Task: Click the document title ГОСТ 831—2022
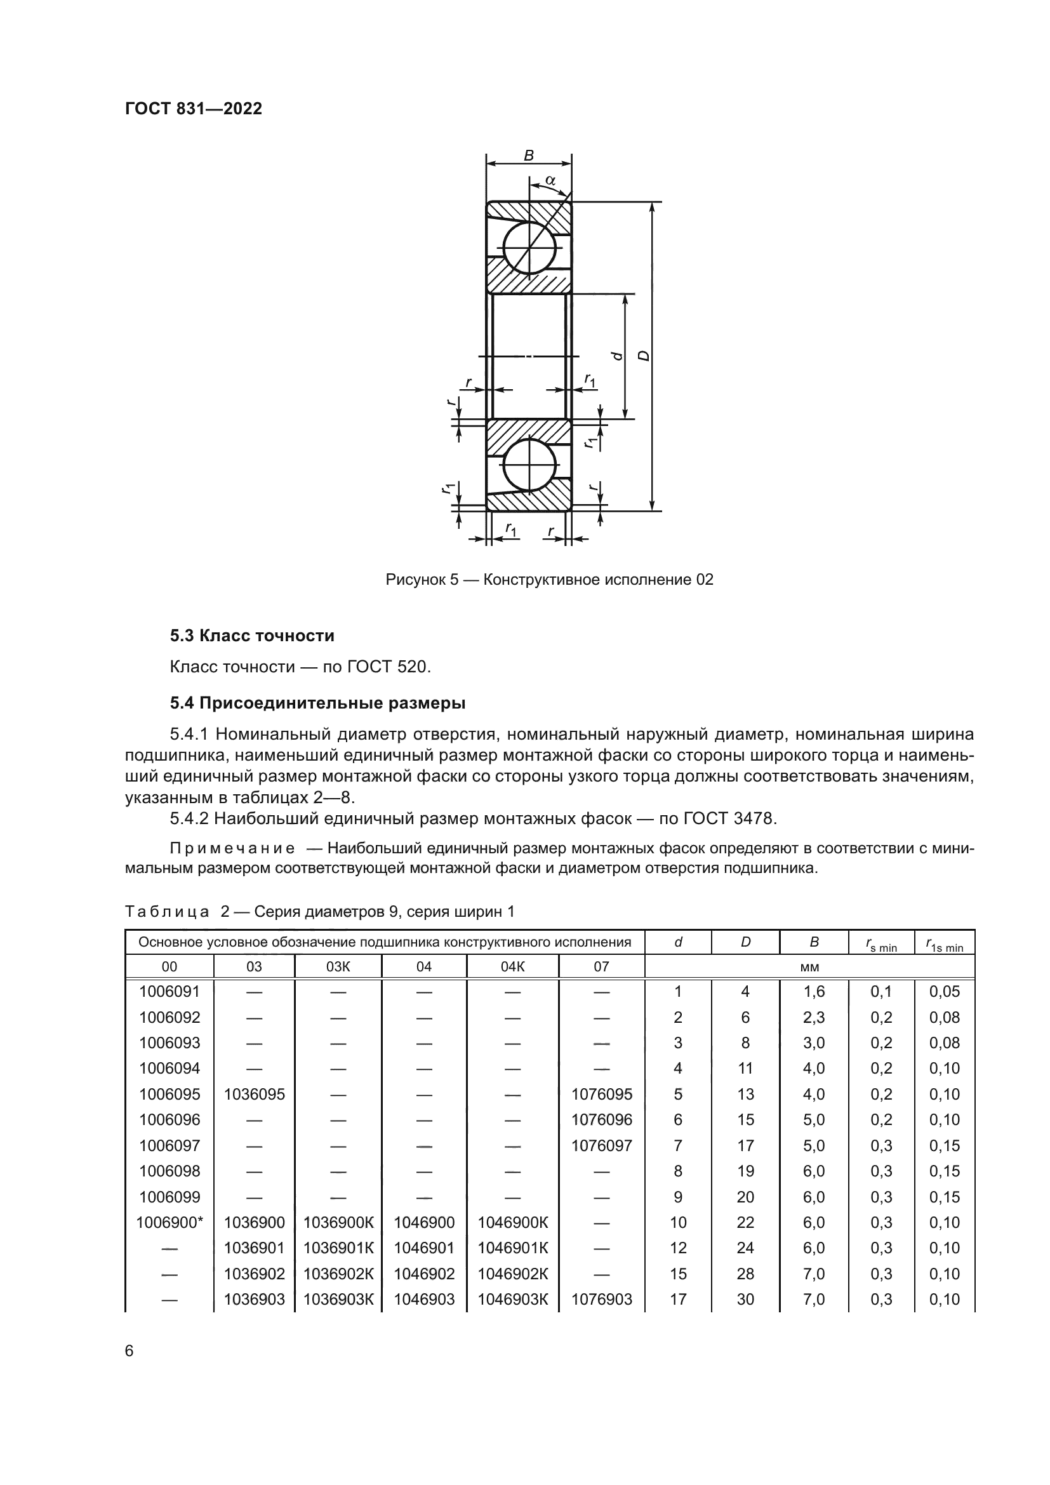coord(194,109)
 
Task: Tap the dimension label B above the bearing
coord(528,155)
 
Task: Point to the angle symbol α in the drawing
coord(550,180)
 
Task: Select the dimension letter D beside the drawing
coord(643,355)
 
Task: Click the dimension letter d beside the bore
coord(618,355)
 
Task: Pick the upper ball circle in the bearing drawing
coord(529,249)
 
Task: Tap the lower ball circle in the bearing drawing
coord(529,465)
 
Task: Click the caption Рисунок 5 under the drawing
coord(422,580)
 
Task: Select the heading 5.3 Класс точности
coord(252,636)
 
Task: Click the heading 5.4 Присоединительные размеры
coord(317,702)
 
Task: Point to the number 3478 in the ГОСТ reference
coord(754,818)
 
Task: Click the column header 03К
coord(338,967)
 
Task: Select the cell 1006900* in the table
coord(169,1222)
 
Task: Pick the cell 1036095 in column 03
coord(254,1095)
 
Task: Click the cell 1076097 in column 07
coord(601,1145)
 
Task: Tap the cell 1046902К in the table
coord(513,1274)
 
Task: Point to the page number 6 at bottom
coord(130,1350)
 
